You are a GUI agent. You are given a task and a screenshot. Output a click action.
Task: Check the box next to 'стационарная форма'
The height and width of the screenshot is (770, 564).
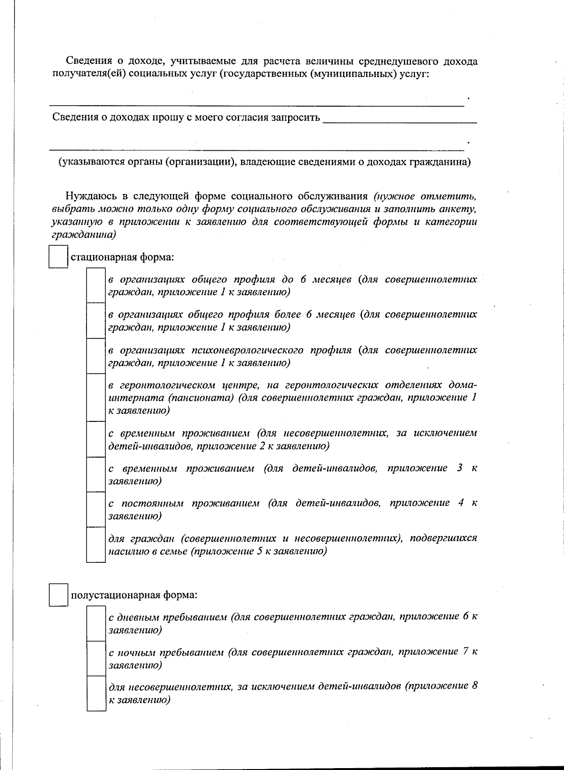coord(58,257)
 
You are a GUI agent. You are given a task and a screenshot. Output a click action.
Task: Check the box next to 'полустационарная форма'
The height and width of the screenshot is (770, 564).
coord(58,595)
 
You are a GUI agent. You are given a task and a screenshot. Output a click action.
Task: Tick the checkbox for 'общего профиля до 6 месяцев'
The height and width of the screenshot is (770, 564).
coord(95,285)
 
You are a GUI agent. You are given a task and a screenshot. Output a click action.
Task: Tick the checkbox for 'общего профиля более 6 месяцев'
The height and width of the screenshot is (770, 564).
coord(95,320)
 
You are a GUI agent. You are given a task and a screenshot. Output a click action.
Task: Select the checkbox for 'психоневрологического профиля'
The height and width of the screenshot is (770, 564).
coord(95,356)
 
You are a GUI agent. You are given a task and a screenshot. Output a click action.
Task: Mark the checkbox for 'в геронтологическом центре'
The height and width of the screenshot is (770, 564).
coord(95,397)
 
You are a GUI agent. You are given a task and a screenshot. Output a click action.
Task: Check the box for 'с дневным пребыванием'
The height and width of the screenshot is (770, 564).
coord(95,623)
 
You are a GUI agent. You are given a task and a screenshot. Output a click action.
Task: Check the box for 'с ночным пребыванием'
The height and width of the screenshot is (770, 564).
coord(95,658)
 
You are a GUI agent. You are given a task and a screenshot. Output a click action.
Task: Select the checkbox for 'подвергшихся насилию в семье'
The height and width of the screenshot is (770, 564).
coord(95,544)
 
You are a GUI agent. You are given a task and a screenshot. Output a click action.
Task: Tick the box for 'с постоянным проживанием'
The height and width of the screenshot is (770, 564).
coord(95,509)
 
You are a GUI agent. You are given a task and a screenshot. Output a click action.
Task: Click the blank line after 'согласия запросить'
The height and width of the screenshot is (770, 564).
coord(400,118)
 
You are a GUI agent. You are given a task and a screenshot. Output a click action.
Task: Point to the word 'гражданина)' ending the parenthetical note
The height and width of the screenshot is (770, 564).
coord(446,162)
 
